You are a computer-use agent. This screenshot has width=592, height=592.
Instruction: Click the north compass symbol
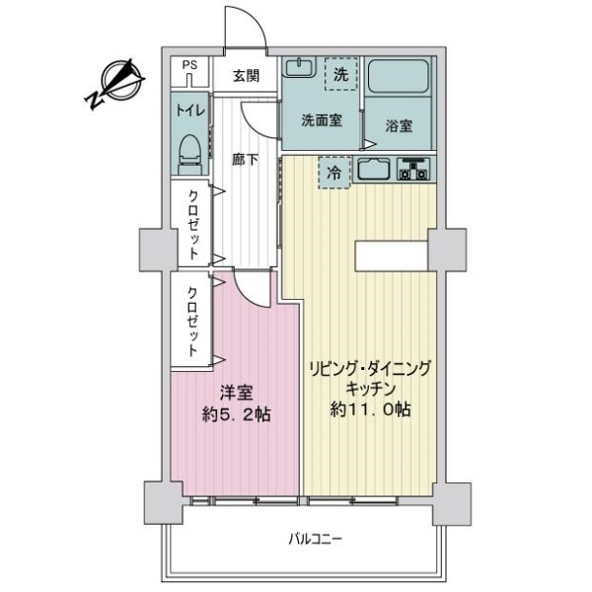point(114,84)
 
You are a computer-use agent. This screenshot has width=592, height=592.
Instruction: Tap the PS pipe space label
point(189,65)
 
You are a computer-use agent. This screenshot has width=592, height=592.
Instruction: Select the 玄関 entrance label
point(246,76)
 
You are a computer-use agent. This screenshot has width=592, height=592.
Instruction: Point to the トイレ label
point(190,111)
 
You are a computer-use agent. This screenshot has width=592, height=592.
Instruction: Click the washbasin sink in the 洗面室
point(299,67)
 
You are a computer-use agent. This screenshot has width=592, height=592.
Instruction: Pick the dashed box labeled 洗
point(341,74)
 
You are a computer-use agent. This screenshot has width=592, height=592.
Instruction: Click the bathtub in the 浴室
point(399,76)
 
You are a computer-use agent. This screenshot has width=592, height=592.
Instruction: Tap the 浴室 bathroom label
point(399,125)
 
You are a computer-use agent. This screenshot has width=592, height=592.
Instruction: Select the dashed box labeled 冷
point(334,173)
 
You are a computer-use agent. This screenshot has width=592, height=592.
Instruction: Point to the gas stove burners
point(413,169)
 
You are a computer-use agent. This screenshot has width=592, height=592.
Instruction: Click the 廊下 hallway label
point(246,160)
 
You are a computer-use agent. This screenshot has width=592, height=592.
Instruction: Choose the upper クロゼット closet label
point(193,224)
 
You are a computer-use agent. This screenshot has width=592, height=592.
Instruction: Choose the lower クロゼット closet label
point(192,322)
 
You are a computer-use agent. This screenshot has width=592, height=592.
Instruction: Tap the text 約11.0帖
point(370,408)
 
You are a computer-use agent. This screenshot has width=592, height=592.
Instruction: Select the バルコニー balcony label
point(316,539)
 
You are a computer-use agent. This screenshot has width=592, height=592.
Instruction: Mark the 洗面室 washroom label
point(322,120)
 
